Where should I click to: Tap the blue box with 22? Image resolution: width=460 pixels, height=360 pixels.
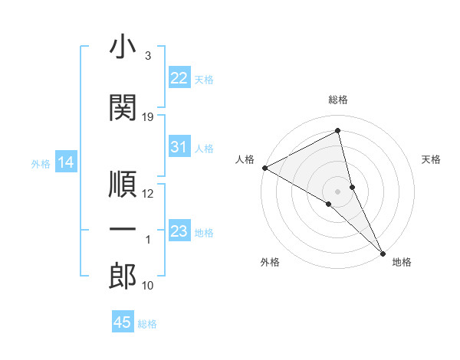pos(179,77)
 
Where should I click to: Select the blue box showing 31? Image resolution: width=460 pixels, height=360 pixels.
pos(179,147)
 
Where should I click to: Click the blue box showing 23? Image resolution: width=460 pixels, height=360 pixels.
pos(179,231)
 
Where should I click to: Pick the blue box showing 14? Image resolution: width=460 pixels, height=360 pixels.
pos(66,162)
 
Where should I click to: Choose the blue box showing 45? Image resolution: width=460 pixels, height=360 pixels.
pos(123,322)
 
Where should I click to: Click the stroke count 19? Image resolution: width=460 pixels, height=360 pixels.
pos(148,117)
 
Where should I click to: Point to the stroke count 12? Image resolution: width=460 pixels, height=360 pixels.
pos(148,193)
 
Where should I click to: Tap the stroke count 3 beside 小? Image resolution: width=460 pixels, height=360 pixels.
pos(147,56)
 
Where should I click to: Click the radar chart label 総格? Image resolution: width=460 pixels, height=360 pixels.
pos(338,100)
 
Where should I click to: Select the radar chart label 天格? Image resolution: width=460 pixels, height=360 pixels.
pos(432,159)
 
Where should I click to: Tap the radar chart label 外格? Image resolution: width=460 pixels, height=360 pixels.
pos(270,262)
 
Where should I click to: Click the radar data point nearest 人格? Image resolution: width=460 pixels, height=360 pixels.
pos(264,168)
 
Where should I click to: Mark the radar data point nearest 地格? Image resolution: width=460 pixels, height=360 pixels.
pos(383,252)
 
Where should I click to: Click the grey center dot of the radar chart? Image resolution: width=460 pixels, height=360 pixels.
pos(337,191)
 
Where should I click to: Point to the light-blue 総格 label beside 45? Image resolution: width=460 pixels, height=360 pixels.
pos(147,324)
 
